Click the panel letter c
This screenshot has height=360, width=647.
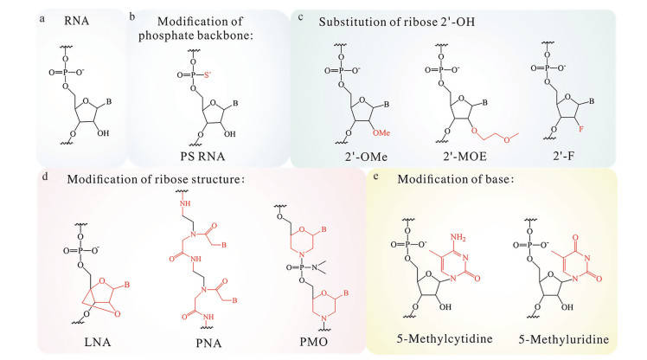coord(299,16)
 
